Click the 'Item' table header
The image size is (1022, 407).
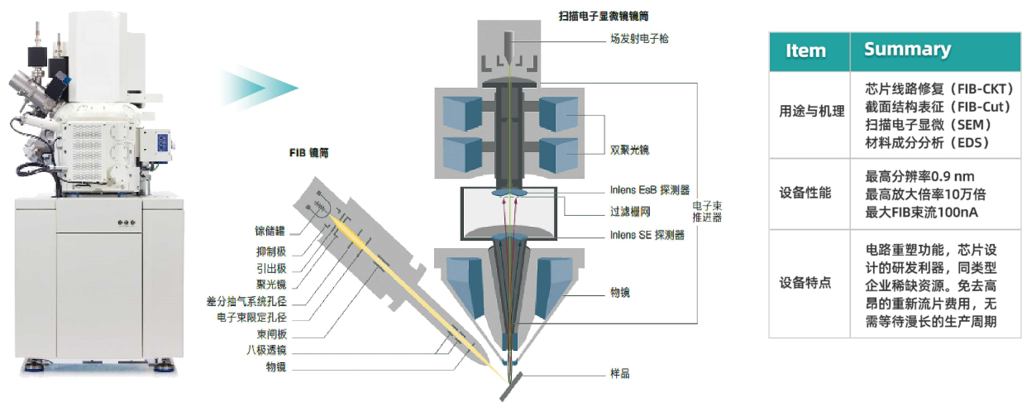pos(805,50)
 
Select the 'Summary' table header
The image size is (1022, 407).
pos(907,50)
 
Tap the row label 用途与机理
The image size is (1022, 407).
pos(812,112)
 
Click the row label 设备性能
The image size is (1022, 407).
pos(805,193)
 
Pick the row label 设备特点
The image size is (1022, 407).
pos(805,283)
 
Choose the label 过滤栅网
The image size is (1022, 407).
pos(623,212)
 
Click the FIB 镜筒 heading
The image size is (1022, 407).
pos(309,153)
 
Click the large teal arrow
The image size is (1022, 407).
pos(256,87)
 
